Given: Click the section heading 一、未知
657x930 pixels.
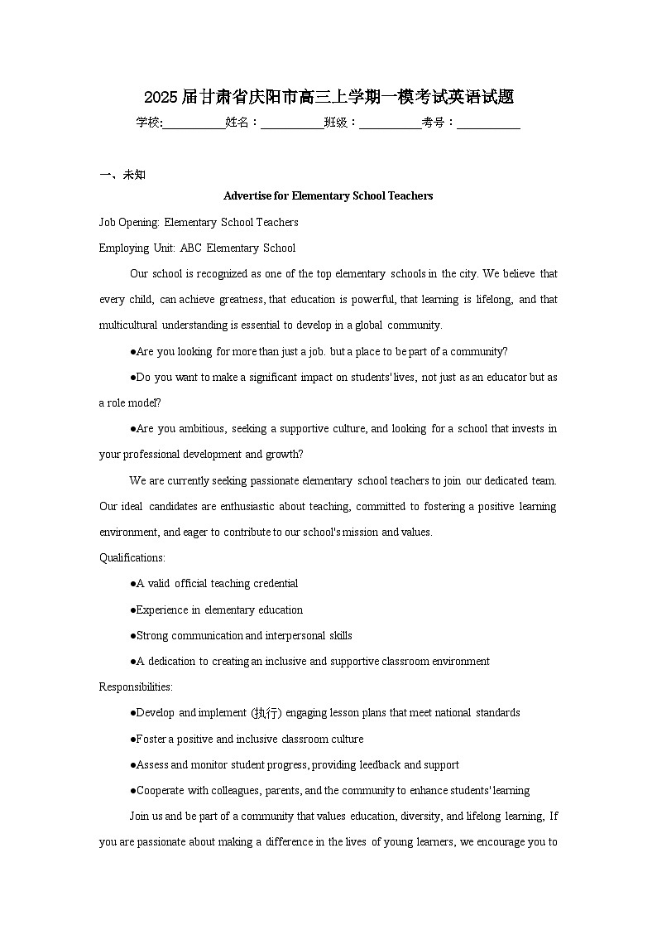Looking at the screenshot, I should [122, 175].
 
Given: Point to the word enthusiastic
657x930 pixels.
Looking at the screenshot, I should [256, 507].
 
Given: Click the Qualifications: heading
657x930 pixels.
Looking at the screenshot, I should [132, 558].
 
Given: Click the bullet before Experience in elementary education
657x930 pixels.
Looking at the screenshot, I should [132, 610].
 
